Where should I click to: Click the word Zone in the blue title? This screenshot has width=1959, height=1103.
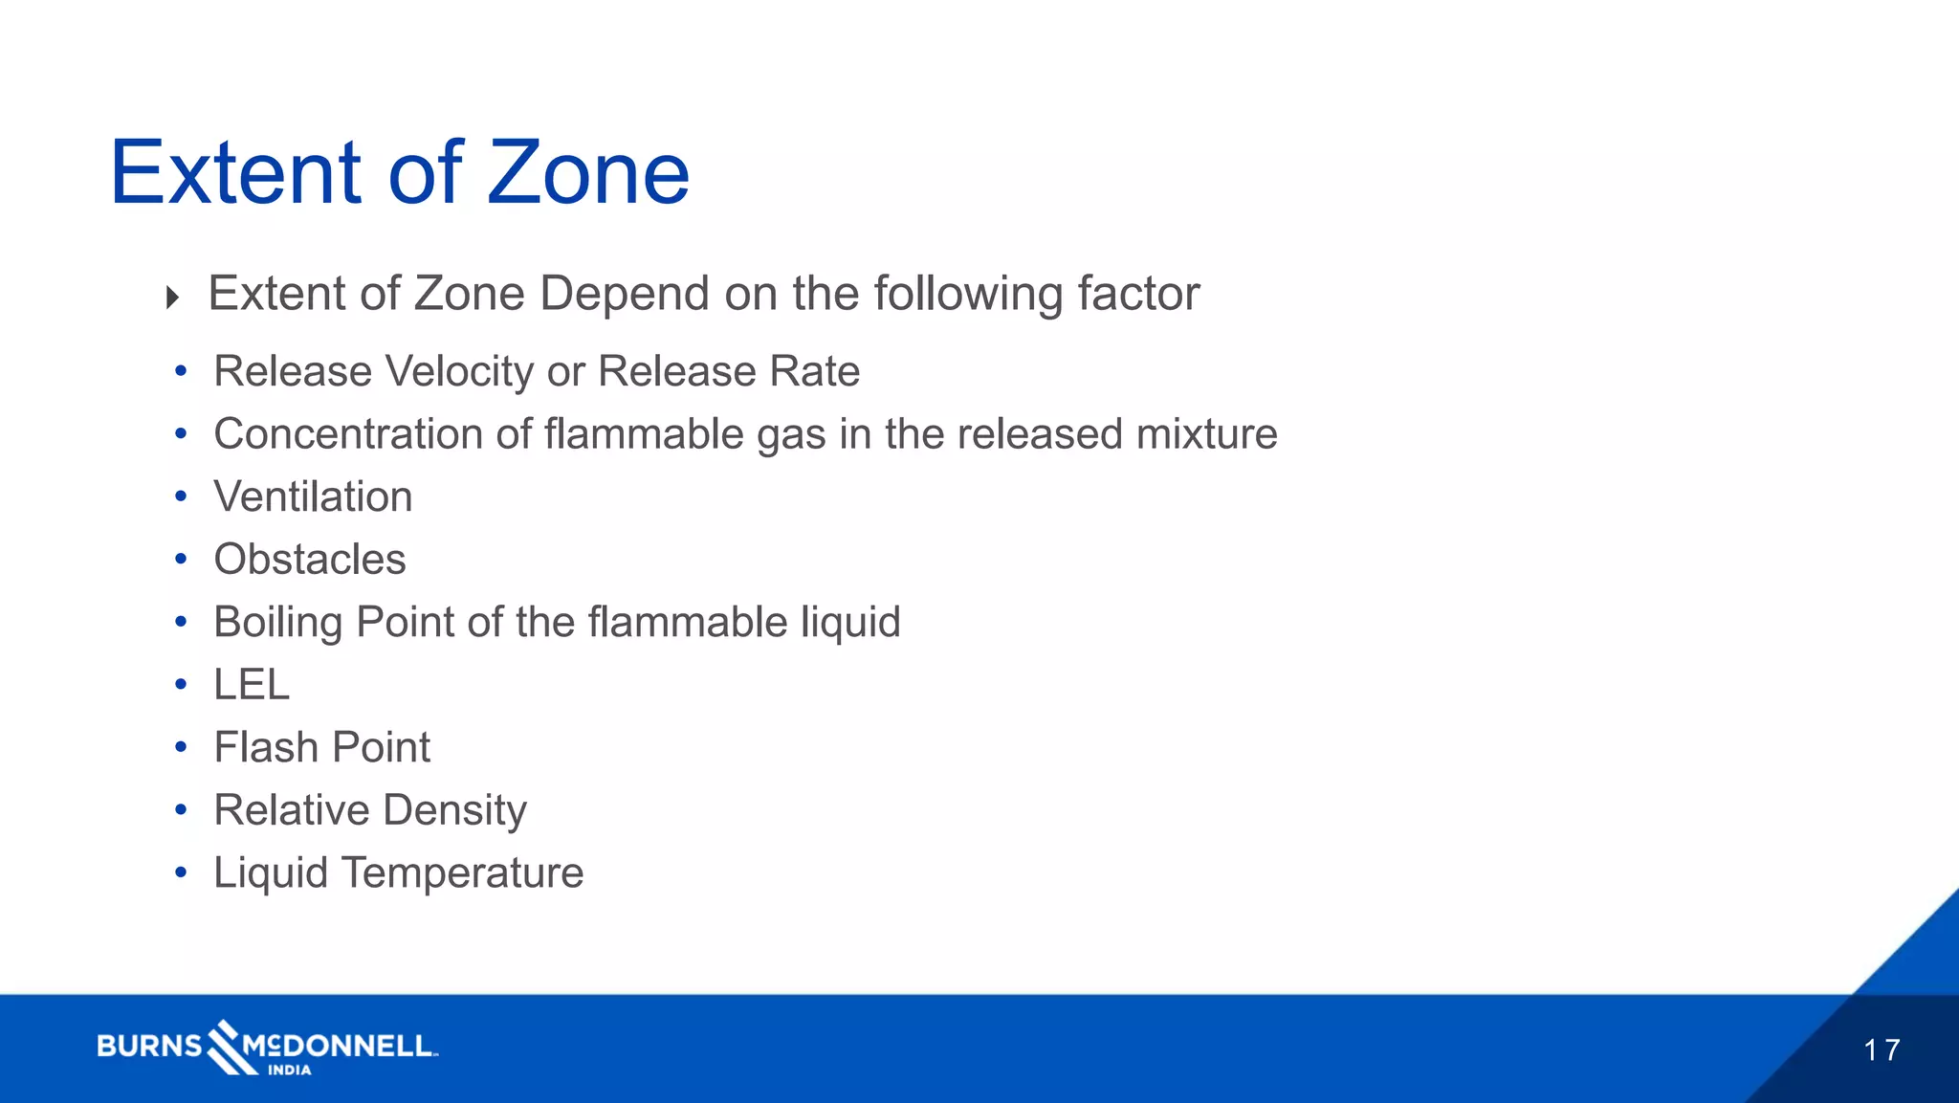pos(588,173)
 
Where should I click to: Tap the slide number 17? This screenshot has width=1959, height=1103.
pos(1882,1049)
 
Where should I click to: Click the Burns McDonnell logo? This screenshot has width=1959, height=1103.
pos(267,1046)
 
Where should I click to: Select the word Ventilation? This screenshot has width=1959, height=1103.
pos(313,496)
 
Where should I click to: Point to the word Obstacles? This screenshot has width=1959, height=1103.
pos(310,560)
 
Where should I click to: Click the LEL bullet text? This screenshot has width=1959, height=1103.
pos(252,685)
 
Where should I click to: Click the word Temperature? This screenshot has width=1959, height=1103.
pos(462,872)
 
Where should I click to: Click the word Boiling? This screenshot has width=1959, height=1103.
pos(278,623)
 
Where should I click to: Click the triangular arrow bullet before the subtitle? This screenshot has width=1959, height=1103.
pos(172,298)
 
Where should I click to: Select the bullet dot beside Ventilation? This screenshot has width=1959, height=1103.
pos(181,496)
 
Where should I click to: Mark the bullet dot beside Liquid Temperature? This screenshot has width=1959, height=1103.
pos(181,872)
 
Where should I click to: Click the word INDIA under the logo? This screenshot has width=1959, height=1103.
pos(289,1070)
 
